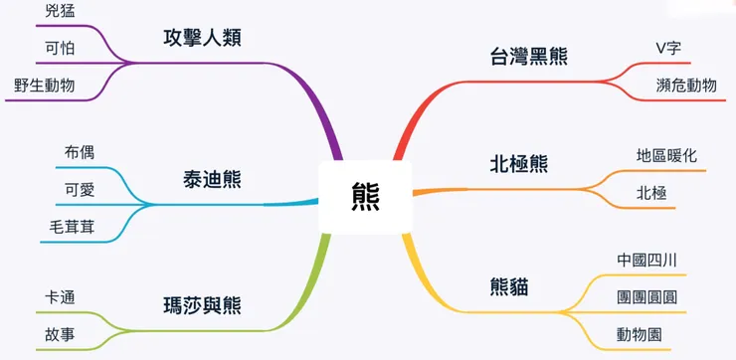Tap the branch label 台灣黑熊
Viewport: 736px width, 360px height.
pyautogui.click(x=529, y=56)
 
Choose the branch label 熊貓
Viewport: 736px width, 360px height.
pyautogui.click(x=509, y=288)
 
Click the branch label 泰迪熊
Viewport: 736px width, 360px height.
pyautogui.click(x=212, y=180)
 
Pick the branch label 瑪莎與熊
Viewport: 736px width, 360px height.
pyautogui.click(x=202, y=305)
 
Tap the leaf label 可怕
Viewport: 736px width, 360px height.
pyautogui.click(x=59, y=49)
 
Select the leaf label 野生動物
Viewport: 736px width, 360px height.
pyautogui.click(x=45, y=85)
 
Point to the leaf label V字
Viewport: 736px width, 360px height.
pyautogui.click(x=668, y=48)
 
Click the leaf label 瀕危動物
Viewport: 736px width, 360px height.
pyautogui.click(x=686, y=85)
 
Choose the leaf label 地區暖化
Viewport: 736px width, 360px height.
pyautogui.click(x=666, y=156)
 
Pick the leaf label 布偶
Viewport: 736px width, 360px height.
pyautogui.click(x=80, y=152)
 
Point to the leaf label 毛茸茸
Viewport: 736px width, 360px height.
pyautogui.click(x=73, y=226)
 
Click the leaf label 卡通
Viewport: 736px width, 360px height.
pyautogui.click(x=59, y=296)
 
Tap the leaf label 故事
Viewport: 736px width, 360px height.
pyautogui.click(x=59, y=333)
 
